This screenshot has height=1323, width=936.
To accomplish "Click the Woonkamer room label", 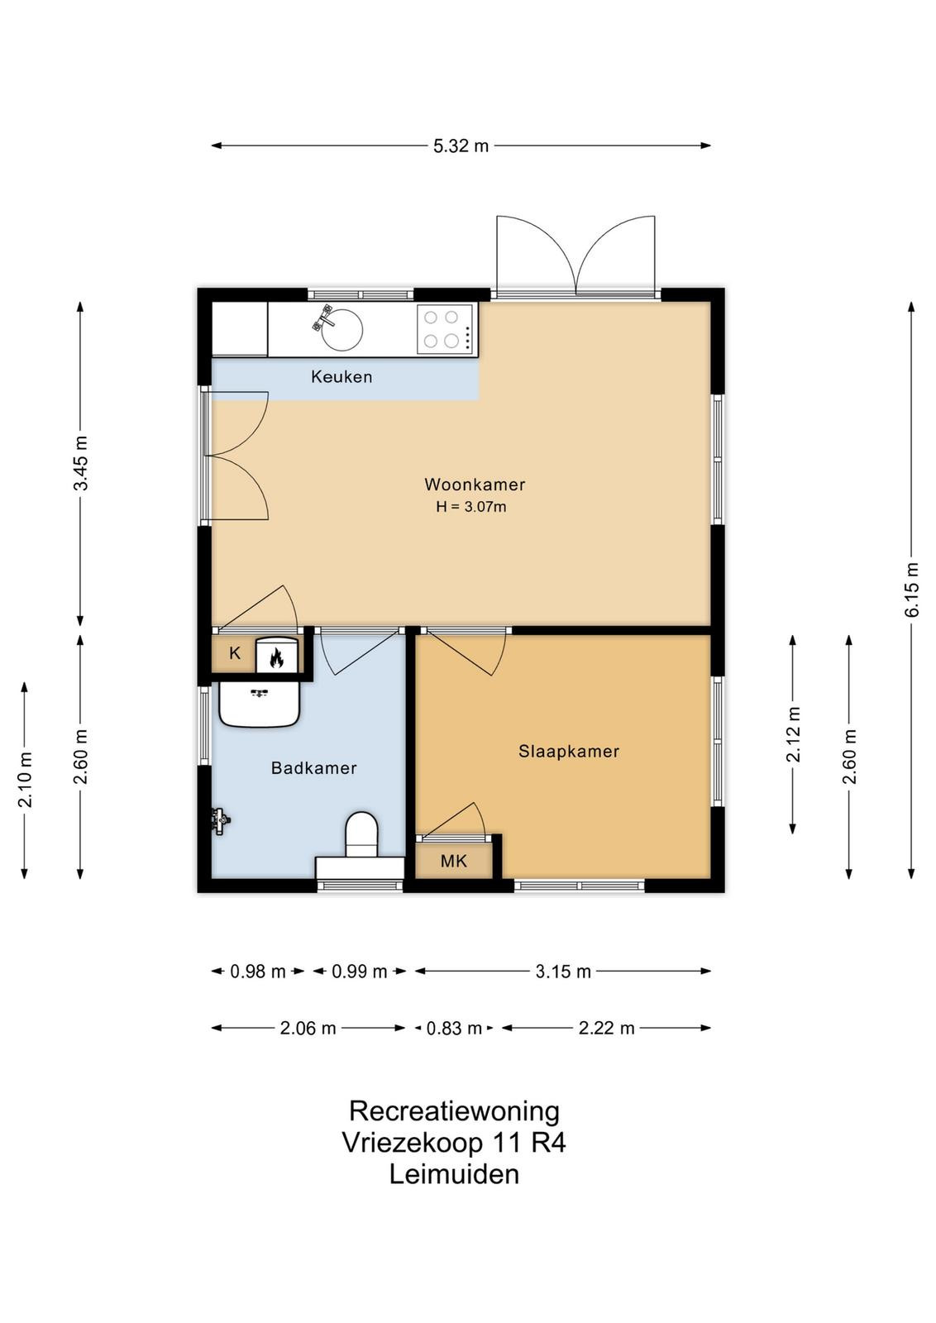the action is pyautogui.click(x=474, y=485).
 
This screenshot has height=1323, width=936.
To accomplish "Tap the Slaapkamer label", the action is pyautogui.click(x=569, y=752).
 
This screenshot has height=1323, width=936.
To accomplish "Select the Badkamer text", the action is pyautogui.click(x=313, y=768).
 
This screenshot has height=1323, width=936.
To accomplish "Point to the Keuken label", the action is pyautogui.click(x=341, y=377).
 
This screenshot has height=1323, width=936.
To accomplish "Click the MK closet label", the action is pyautogui.click(x=454, y=861).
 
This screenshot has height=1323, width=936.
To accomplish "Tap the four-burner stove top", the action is pyautogui.click(x=446, y=330).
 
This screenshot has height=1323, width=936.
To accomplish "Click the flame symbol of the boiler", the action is pyautogui.click(x=276, y=657).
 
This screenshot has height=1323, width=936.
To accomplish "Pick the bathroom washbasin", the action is pyautogui.click(x=260, y=704).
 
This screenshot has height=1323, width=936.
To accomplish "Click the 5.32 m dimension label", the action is pyautogui.click(x=461, y=146).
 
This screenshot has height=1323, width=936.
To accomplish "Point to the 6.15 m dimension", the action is pyautogui.click(x=912, y=590).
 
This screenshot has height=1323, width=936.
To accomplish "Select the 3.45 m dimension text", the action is pyautogui.click(x=80, y=464).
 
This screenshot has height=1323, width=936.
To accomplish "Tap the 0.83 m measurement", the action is pyautogui.click(x=454, y=1029).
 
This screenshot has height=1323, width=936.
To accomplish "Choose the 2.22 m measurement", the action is pyautogui.click(x=606, y=1029).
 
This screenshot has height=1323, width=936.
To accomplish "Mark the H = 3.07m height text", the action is pyautogui.click(x=470, y=507).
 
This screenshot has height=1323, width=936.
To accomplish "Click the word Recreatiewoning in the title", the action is pyautogui.click(x=454, y=1111).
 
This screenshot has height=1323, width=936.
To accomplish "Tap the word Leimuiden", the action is pyautogui.click(x=454, y=1174).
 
